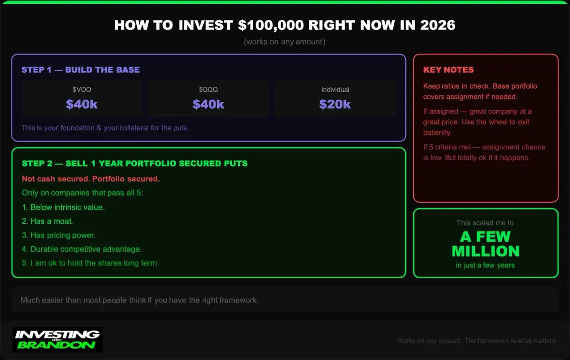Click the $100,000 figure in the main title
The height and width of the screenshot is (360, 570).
[x=271, y=26]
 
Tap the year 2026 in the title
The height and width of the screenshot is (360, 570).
[x=437, y=25]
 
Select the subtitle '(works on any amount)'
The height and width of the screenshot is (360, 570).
[x=285, y=42]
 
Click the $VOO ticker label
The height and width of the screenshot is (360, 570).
[x=82, y=90]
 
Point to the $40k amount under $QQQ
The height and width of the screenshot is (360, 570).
[x=208, y=104]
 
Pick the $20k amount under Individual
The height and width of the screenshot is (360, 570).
[x=335, y=104]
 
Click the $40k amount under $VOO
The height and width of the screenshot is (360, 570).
[x=82, y=104]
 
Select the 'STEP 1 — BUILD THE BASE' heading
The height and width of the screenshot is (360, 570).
[x=81, y=70]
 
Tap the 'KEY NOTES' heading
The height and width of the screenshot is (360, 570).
[x=448, y=70]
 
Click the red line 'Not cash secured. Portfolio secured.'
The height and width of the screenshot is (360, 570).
[x=91, y=179]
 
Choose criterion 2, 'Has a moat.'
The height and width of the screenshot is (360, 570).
[x=47, y=221]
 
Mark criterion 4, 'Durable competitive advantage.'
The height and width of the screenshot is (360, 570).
[x=82, y=249]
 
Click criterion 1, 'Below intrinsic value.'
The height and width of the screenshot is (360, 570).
[x=63, y=208]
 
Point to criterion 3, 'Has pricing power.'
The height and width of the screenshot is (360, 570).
[x=58, y=236]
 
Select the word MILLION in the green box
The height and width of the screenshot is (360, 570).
[x=485, y=251]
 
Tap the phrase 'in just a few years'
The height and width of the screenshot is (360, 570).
[x=485, y=265]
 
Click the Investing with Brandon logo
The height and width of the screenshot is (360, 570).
[x=57, y=340]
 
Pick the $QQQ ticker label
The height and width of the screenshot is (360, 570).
[x=209, y=90]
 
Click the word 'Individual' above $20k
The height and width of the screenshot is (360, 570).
[x=335, y=90]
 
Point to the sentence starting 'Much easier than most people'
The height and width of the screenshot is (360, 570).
[x=140, y=300]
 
